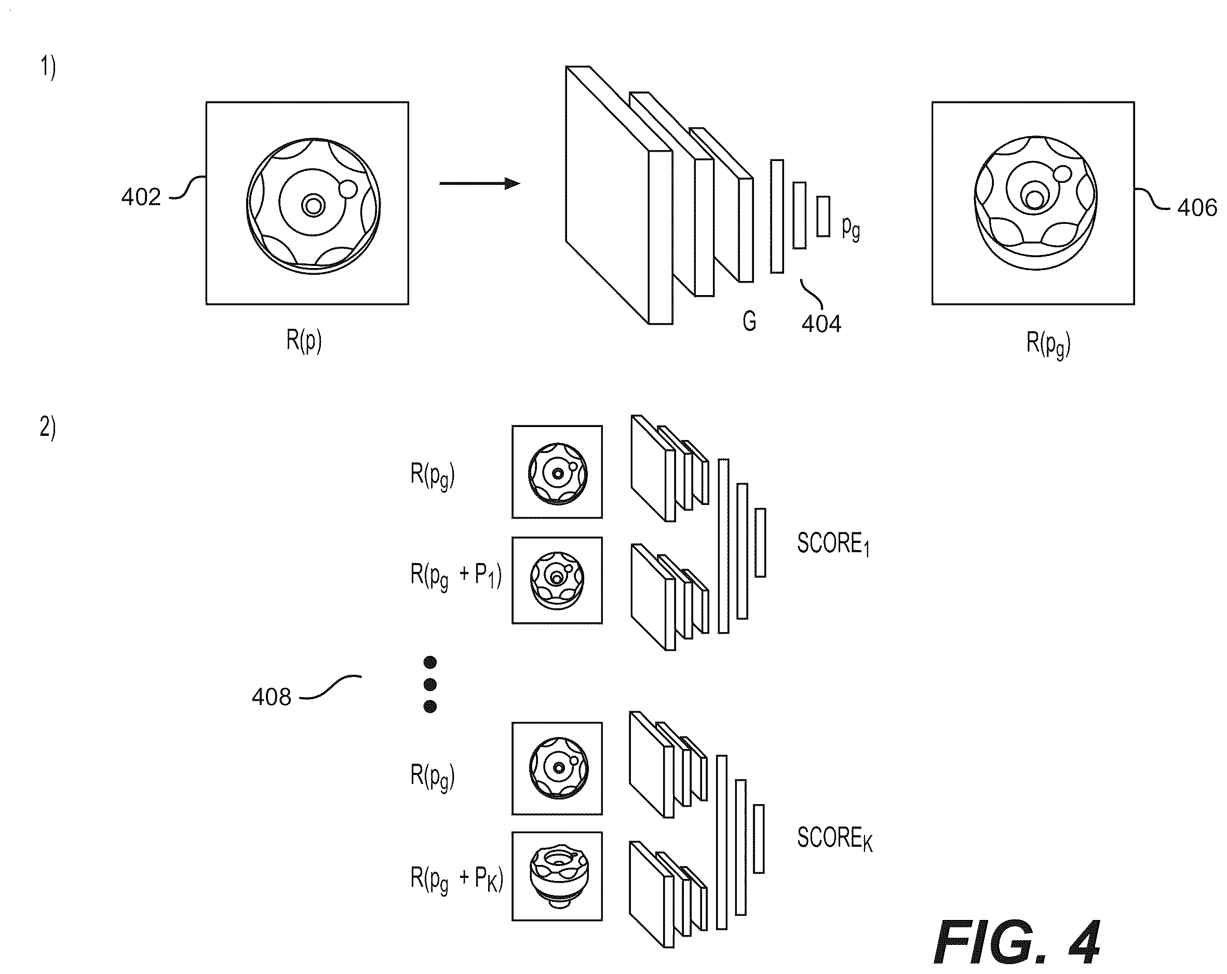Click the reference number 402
tap(141, 197)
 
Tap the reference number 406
tap(1197, 208)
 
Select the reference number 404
tap(821, 324)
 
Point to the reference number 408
tap(272, 697)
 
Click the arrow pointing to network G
tap(480, 183)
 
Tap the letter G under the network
tap(749, 322)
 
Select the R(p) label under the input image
tap(304, 340)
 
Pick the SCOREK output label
tap(835, 838)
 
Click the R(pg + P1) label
tap(456, 575)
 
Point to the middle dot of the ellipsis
tap(430, 684)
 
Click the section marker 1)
tap(48, 68)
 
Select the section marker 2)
tap(48, 427)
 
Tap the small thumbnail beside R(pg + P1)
tap(557, 580)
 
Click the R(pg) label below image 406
tap(1048, 343)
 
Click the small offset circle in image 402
tap(347, 189)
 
